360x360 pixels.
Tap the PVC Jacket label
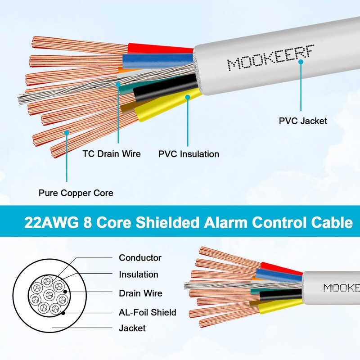(x=303, y=121)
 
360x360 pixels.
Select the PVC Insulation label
(x=189, y=154)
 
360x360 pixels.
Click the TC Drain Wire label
(x=112, y=154)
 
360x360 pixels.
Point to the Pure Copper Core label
(x=76, y=193)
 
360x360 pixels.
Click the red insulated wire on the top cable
(x=157, y=48)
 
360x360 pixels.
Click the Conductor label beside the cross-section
(x=140, y=258)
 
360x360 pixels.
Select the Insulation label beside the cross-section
(x=139, y=274)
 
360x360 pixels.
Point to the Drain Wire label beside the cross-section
(x=140, y=293)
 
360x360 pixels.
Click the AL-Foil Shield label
(x=147, y=312)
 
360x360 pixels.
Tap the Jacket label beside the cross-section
(x=132, y=328)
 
